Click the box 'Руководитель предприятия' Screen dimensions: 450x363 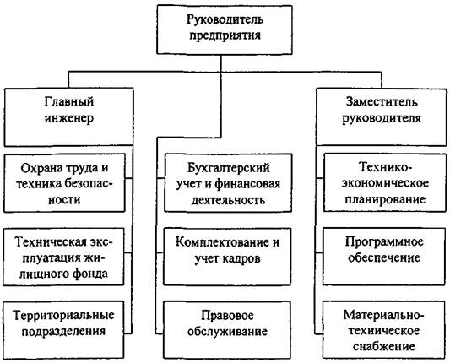click(x=225, y=30)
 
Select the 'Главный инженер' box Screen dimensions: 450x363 click(x=69, y=116)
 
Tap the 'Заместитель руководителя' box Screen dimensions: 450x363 click(x=382, y=116)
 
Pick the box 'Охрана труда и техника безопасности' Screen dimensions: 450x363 click(x=64, y=183)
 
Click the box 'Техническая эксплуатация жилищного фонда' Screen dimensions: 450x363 click(x=63, y=257)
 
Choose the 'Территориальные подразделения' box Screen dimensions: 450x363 click(x=63, y=330)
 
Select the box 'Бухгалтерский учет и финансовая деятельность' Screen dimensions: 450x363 click(x=228, y=183)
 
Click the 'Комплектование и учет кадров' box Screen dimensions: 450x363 click(x=227, y=257)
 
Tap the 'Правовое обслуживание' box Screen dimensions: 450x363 click(x=227, y=330)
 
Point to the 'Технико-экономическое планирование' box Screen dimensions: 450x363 click(x=385, y=183)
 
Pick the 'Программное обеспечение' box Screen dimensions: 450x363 click(x=384, y=257)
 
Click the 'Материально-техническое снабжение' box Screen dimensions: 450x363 click(x=384, y=330)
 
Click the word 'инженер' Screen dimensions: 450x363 click(x=69, y=118)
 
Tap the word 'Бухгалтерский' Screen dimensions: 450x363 click(x=229, y=168)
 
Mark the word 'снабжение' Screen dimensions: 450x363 click(x=384, y=346)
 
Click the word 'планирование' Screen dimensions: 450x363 click(x=385, y=199)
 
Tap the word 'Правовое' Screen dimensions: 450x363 click(x=227, y=316)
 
